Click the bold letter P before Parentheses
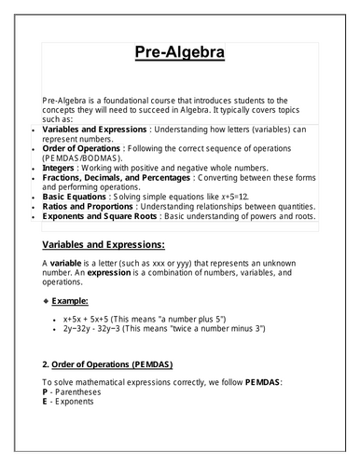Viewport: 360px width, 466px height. coord(46,393)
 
